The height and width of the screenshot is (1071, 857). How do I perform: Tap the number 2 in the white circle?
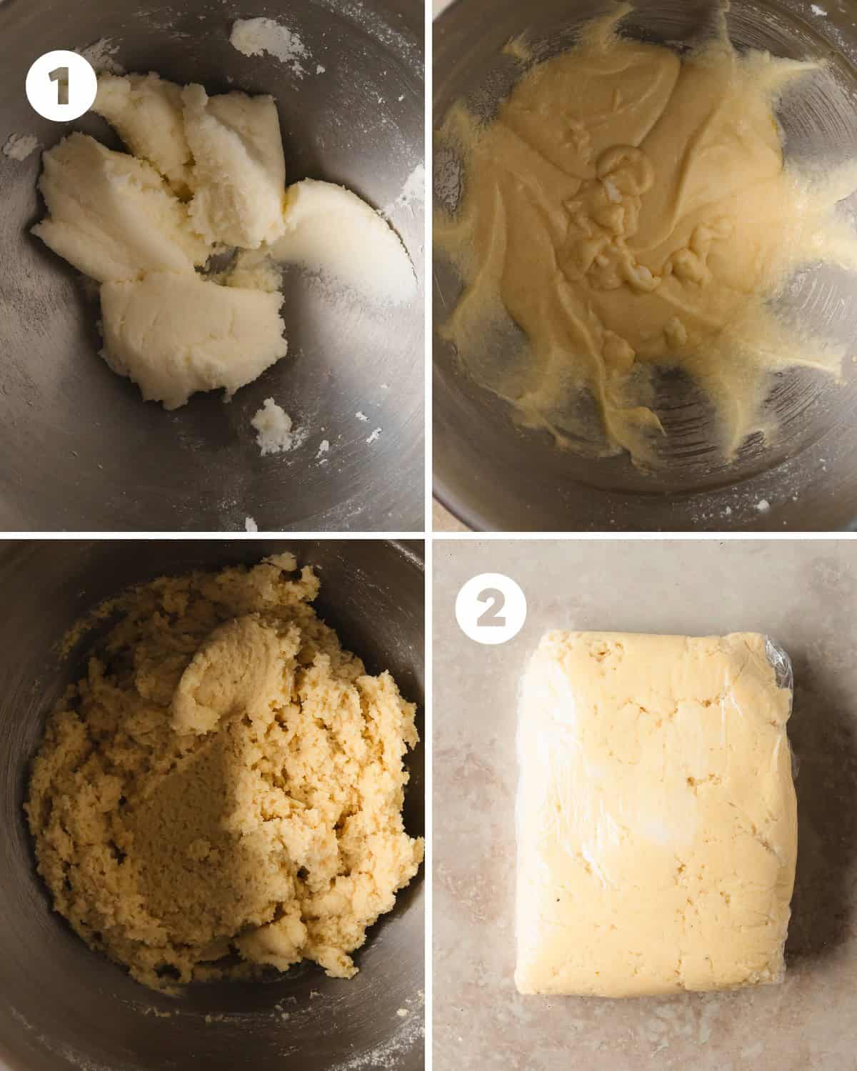(491, 609)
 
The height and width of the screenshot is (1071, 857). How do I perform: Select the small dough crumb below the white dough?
(271, 426)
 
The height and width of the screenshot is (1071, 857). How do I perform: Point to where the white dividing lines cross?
(428, 535)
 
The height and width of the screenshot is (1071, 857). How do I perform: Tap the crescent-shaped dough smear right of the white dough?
(349, 234)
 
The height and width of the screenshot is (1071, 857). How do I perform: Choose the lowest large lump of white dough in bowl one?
(191, 333)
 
